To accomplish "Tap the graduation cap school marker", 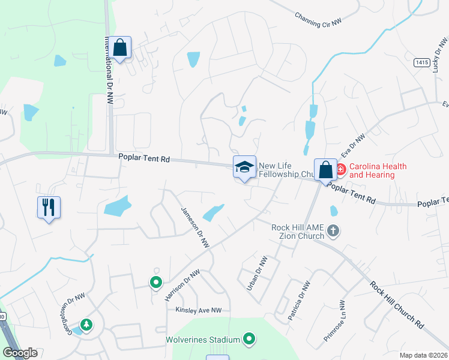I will click(244, 167).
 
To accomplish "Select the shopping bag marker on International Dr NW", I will click(120, 48).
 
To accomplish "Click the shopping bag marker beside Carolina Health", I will click(325, 170).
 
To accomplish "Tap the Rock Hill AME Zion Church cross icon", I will click(334, 230).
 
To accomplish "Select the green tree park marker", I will click(87, 325).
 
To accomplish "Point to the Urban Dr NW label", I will click(256, 274).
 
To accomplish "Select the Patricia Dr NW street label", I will click(298, 301).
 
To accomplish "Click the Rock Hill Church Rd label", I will click(397, 305).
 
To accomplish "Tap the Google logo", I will click(20, 353).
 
